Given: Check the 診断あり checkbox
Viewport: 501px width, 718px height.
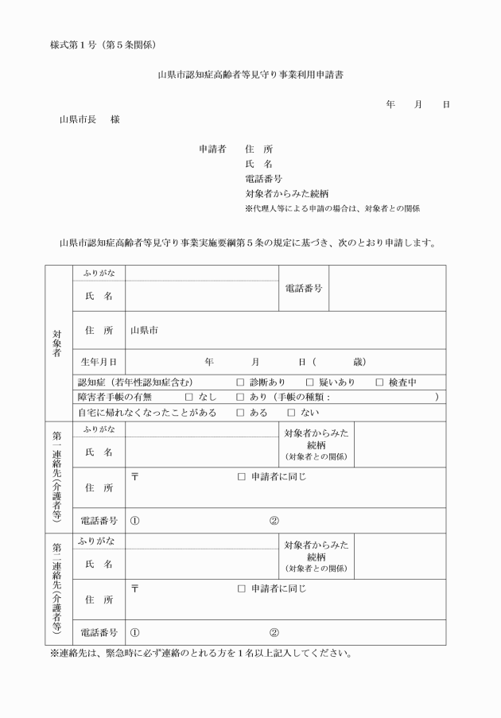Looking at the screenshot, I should [240, 382].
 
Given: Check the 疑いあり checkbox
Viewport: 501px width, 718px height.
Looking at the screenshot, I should [310, 382].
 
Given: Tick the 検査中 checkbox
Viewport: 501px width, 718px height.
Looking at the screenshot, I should [379, 382].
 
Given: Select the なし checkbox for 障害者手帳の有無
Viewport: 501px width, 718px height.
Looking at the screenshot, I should [189, 397].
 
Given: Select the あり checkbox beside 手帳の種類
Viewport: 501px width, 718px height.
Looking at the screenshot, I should [240, 397].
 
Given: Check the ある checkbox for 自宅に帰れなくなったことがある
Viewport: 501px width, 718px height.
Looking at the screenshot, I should [240, 412].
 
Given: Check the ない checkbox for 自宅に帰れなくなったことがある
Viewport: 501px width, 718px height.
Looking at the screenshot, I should [291, 412].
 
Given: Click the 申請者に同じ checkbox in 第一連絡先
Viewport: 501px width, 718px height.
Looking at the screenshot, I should [242, 477].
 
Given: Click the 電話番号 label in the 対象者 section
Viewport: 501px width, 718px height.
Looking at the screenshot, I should [303, 288].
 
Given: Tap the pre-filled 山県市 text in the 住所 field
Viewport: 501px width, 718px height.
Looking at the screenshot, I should [145, 329].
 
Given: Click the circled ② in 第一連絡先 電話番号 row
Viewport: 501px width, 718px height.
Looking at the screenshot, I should [274, 521].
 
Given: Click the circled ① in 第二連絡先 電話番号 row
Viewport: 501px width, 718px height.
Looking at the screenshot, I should [134, 633].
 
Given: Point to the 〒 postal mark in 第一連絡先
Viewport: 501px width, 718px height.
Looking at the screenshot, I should [134, 477].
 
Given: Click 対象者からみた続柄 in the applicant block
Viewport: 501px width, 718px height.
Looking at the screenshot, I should [287, 193].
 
